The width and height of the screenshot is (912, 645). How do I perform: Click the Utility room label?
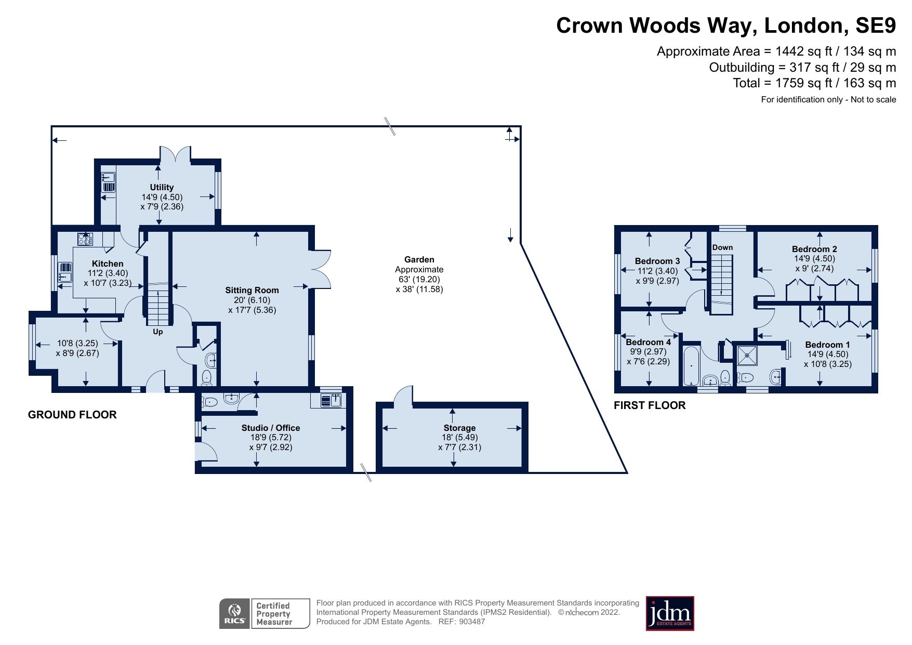[x=162, y=187]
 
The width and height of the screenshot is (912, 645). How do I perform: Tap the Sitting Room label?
[x=252, y=290]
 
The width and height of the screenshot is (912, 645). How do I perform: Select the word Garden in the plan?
[x=419, y=259]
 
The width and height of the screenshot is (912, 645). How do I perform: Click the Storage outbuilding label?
[x=459, y=428]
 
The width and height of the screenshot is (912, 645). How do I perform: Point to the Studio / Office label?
[x=270, y=428]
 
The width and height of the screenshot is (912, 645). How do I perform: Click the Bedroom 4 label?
[x=648, y=342]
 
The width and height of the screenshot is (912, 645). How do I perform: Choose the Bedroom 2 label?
[x=814, y=249]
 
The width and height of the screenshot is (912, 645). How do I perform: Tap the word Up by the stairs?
[x=157, y=332]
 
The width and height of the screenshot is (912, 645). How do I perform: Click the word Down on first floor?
[x=722, y=247]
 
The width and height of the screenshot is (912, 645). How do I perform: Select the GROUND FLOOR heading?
[x=72, y=415]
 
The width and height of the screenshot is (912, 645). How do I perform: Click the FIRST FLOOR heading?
[x=650, y=405]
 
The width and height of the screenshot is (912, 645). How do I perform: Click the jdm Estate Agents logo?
[x=669, y=613]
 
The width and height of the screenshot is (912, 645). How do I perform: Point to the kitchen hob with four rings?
[x=85, y=239]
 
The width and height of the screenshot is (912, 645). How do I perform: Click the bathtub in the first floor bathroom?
[x=691, y=364]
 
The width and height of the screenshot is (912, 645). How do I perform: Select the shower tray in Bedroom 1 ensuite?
[x=747, y=356]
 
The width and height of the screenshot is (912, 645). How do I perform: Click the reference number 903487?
[x=472, y=622]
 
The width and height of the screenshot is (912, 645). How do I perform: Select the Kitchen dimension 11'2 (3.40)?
[x=108, y=273]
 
